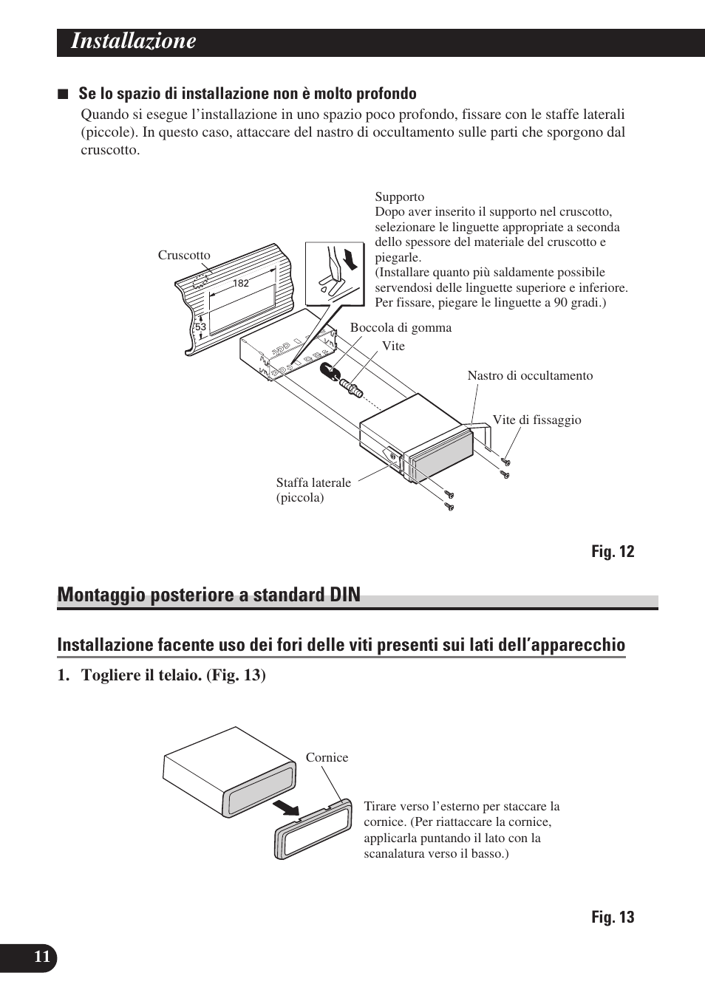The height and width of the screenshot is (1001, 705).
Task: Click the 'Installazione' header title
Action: click(134, 41)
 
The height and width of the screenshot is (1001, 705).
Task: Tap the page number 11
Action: click(41, 957)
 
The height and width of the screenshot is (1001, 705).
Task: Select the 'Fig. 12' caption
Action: click(612, 552)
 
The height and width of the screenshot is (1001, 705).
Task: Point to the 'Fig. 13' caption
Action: click(612, 918)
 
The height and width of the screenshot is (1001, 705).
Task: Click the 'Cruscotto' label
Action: click(184, 256)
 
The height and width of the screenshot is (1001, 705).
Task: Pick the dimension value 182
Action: click(241, 283)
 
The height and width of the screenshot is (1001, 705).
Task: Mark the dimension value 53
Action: click(200, 327)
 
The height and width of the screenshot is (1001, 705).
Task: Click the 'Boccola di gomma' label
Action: click(401, 328)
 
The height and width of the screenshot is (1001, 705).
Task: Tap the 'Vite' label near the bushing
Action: click(393, 346)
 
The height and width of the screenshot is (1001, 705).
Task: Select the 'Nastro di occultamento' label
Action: click(530, 376)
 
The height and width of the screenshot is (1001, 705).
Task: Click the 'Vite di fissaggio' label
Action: click(537, 420)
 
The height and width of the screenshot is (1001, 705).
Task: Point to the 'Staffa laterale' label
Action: click(313, 483)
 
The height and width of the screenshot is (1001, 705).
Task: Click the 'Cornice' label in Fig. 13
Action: click(327, 758)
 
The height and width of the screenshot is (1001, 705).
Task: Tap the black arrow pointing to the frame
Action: click(285, 807)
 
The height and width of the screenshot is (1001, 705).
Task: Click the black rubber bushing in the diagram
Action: click(328, 370)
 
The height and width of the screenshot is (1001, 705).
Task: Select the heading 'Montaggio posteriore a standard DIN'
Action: click(209, 595)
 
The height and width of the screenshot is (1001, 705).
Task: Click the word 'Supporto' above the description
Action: click(399, 197)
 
